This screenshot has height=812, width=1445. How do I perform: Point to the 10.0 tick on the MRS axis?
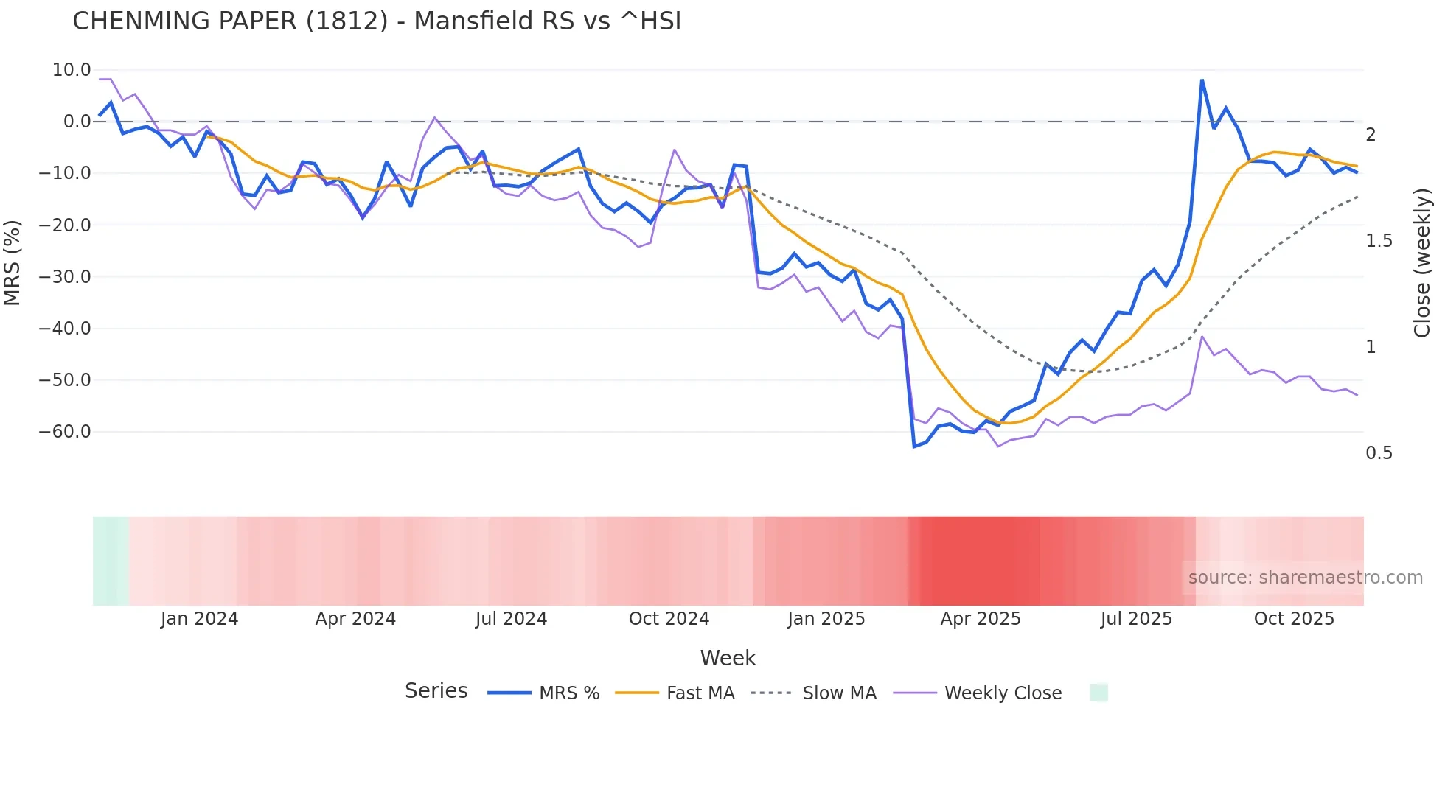tap(72, 70)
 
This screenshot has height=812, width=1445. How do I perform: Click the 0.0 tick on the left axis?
tap(77, 122)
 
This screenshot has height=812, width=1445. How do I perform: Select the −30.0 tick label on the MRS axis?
tap(65, 277)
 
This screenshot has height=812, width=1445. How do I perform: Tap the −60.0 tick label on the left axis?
tap(65, 432)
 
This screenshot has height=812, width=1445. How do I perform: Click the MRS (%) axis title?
tap(13, 262)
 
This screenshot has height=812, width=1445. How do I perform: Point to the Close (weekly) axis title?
tap(1422, 262)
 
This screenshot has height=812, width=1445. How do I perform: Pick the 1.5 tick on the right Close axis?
tap(1379, 241)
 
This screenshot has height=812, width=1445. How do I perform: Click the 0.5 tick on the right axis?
tap(1379, 453)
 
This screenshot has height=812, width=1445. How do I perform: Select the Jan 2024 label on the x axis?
tap(199, 619)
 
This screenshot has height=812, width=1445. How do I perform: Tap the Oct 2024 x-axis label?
tap(669, 619)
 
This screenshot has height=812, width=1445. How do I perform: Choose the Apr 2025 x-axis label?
tap(981, 619)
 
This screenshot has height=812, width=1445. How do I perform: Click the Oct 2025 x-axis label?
tap(1294, 619)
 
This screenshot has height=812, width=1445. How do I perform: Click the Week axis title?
tap(728, 658)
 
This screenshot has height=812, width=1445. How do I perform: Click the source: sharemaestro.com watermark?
tap(1305, 578)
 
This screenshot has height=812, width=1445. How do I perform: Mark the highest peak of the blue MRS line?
tap(1202, 80)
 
